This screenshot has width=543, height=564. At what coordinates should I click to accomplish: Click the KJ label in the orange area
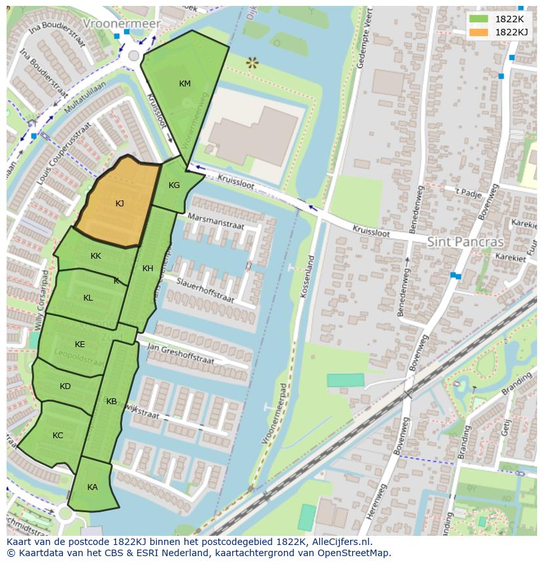(x=119, y=204)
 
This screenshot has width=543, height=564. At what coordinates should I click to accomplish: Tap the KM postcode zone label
(x=185, y=83)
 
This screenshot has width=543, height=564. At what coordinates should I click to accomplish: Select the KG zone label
(x=174, y=185)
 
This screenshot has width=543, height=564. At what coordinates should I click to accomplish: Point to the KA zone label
(x=92, y=487)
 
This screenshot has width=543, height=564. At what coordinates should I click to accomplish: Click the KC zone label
(x=58, y=436)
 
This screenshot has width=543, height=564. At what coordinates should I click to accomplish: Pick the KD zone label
(x=65, y=386)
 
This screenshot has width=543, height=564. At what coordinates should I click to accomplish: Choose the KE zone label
(x=80, y=345)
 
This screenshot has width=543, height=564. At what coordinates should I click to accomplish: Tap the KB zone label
(x=111, y=402)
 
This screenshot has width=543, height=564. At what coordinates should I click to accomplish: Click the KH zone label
(x=148, y=269)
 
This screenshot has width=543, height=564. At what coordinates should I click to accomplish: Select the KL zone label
(x=88, y=298)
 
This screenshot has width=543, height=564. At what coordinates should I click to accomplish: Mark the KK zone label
(x=96, y=256)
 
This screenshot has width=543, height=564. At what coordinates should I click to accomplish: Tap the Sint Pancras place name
(x=465, y=242)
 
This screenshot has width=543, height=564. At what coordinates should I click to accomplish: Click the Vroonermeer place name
(x=121, y=24)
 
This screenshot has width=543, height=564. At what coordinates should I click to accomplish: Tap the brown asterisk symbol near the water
(x=252, y=63)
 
